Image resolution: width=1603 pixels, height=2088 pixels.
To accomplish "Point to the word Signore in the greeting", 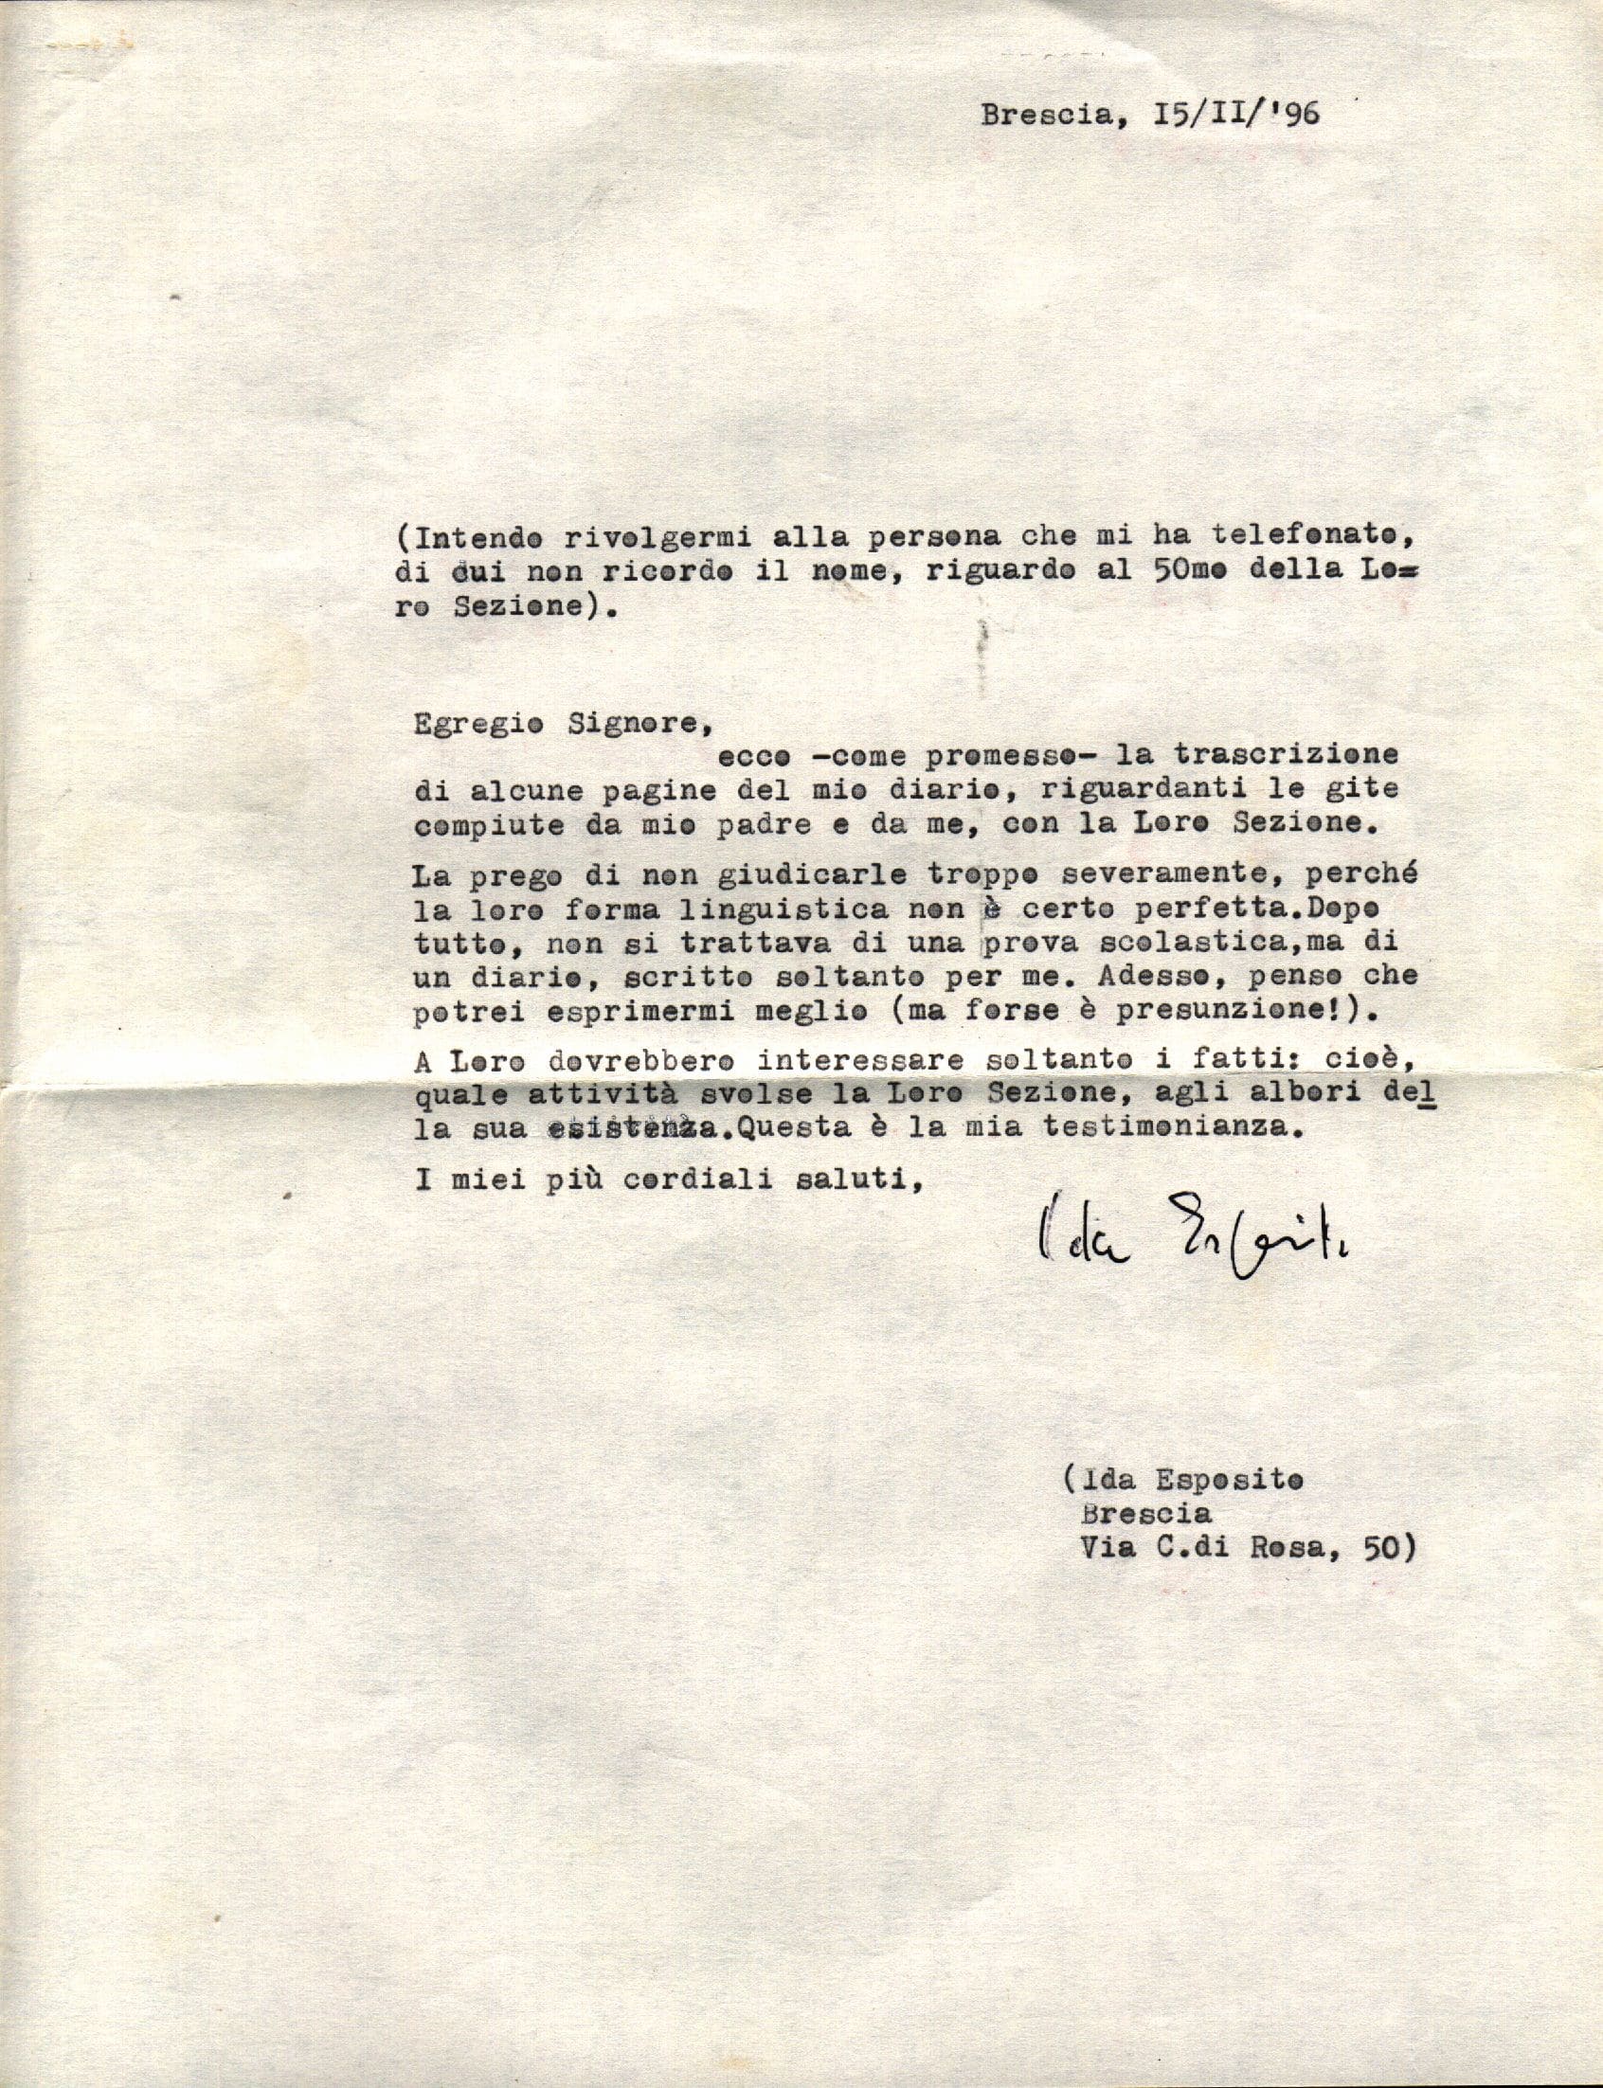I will pyautogui.click(x=626, y=723).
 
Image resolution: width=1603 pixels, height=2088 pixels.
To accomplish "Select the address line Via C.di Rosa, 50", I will pyautogui.click(x=1245, y=1549).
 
